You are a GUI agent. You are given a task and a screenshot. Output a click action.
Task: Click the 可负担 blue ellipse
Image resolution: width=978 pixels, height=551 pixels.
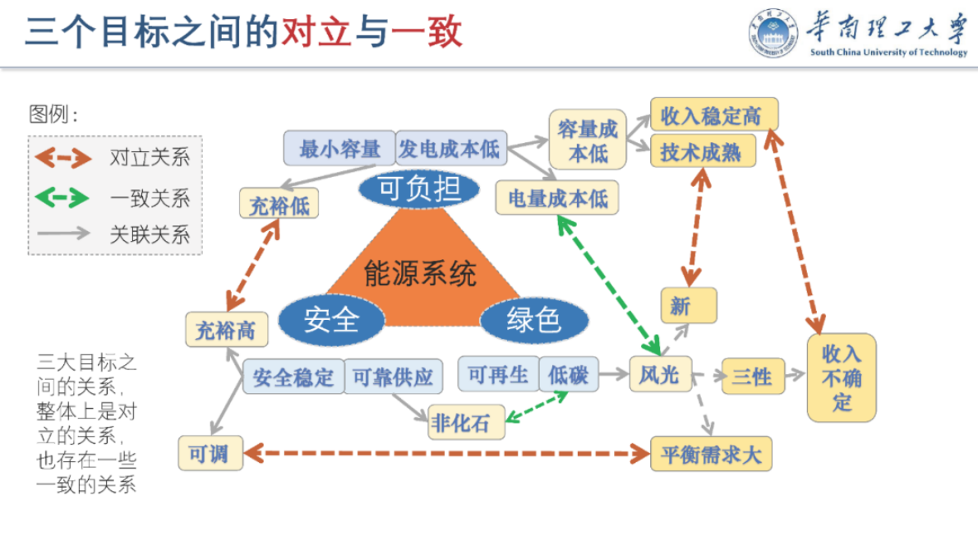click(x=418, y=189)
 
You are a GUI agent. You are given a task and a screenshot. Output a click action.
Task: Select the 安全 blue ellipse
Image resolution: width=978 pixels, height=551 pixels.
click(x=331, y=319)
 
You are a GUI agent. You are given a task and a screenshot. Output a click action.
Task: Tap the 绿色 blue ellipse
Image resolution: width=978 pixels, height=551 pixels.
click(x=534, y=320)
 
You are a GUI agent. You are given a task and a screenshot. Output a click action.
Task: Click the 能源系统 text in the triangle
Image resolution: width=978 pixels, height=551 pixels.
click(x=420, y=272)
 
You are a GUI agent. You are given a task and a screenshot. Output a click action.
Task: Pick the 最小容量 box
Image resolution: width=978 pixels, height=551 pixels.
click(x=339, y=149)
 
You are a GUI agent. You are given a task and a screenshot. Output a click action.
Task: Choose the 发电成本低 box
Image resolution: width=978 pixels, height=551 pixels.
click(x=450, y=149)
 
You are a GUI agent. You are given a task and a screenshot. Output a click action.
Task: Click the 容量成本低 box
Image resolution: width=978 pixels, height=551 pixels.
click(x=587, y=140)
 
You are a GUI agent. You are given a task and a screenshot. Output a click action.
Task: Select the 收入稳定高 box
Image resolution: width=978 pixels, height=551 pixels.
click(x=713, y=116)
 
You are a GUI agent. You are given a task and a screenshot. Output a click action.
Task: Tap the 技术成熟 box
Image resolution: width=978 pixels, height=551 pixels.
click(x=701, y=152)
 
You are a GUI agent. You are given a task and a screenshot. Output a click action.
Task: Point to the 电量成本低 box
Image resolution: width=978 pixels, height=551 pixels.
click(x=557, y=198)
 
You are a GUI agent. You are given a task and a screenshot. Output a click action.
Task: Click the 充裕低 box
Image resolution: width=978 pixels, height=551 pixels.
click(x=279, y=203)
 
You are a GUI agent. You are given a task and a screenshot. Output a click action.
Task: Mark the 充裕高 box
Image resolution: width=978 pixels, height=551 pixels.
click(x=225, y=331)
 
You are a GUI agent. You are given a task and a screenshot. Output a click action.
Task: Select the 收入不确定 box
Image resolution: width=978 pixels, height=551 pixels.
click(x=842, y=378)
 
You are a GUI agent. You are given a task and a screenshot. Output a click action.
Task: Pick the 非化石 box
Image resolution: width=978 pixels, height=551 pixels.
click(x=465, y=423)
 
